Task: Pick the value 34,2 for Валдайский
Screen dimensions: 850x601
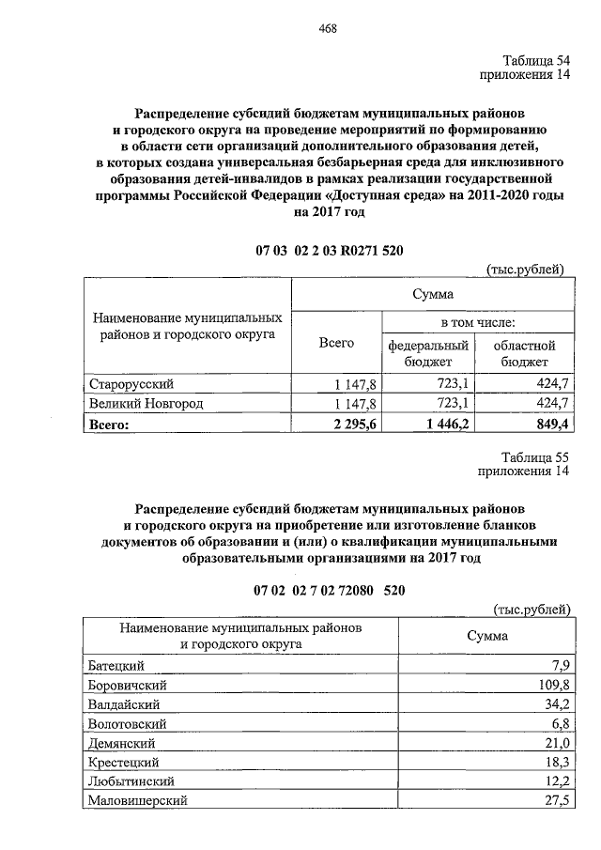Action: tap(557, 703)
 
